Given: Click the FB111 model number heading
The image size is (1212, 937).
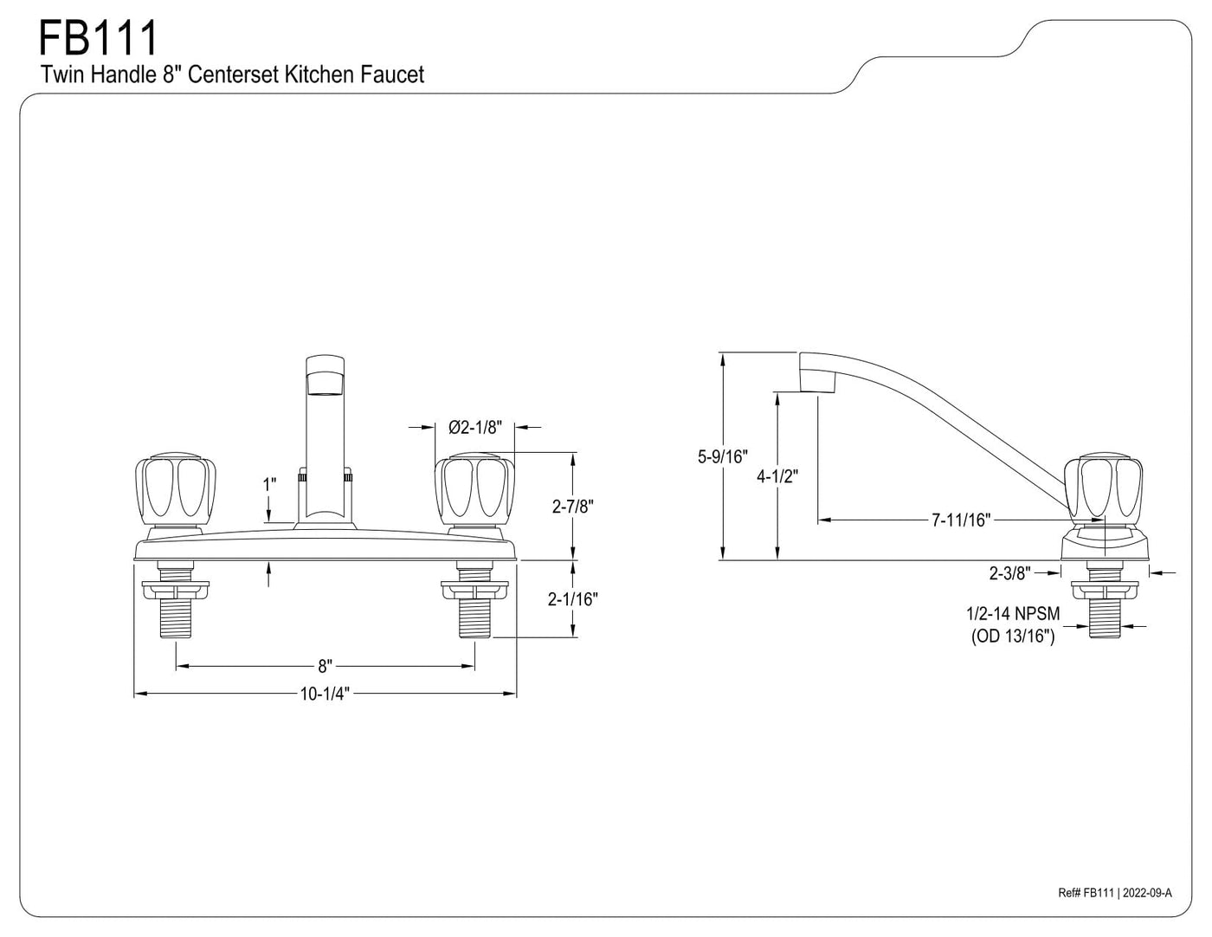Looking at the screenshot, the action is tap(98, 37).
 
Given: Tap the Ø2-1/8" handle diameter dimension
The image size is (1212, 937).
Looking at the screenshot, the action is tap(474, 427).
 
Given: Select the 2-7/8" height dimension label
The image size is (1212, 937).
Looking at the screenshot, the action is tap(573, 507).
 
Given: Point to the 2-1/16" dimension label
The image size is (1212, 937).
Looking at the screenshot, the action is tap(573, 599).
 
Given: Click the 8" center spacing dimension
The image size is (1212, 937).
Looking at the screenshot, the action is tap(326, 666).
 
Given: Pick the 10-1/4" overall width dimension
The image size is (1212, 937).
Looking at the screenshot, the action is tap(325, 694).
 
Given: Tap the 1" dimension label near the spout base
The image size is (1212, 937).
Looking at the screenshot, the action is tap(270, 485).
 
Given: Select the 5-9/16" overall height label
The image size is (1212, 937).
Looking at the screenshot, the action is tap(722, 456).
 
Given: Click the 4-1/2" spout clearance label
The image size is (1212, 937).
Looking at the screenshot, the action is tap(777, 476).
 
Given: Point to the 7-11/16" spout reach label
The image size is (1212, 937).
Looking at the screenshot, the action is tap(961, 520).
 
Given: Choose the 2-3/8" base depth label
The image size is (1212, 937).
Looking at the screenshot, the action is tap(1010, 572).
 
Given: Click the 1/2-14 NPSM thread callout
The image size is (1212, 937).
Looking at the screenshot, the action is tap(1013, 613).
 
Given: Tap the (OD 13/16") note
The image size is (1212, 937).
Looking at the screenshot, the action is tap(1013, 636).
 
